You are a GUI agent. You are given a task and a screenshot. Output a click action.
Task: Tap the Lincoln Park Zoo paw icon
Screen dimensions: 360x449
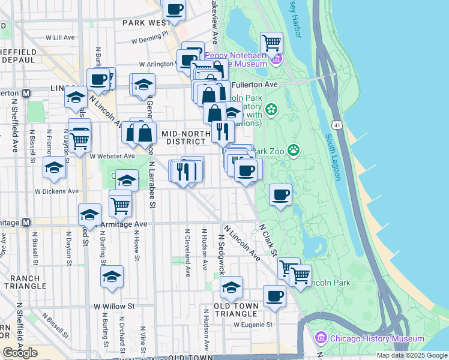(x=294, y=149)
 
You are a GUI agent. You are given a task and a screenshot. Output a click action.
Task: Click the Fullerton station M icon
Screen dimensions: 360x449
(x=26, y=94)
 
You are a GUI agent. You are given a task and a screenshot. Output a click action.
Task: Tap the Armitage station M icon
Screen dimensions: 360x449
(x=26, y=222)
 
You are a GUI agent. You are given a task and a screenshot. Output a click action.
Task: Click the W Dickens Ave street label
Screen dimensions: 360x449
(x=56, y=191)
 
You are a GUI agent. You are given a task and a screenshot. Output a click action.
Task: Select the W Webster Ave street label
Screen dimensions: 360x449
(x=112, y=156)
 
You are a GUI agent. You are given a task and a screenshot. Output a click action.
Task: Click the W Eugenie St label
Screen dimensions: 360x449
(x=253, y=325)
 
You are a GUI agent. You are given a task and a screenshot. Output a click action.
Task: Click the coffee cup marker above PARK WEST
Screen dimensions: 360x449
(x=175, y=10)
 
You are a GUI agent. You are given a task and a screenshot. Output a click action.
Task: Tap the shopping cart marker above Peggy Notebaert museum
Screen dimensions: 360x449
(x=272, y=42)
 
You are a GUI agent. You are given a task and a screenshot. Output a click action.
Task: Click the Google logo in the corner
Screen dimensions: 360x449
(x=20, y=353)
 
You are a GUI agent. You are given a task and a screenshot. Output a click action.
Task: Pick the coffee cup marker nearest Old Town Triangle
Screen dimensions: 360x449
(x=274, y=296)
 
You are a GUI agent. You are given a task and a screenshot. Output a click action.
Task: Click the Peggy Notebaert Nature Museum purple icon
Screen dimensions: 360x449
(x=276, y=59)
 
